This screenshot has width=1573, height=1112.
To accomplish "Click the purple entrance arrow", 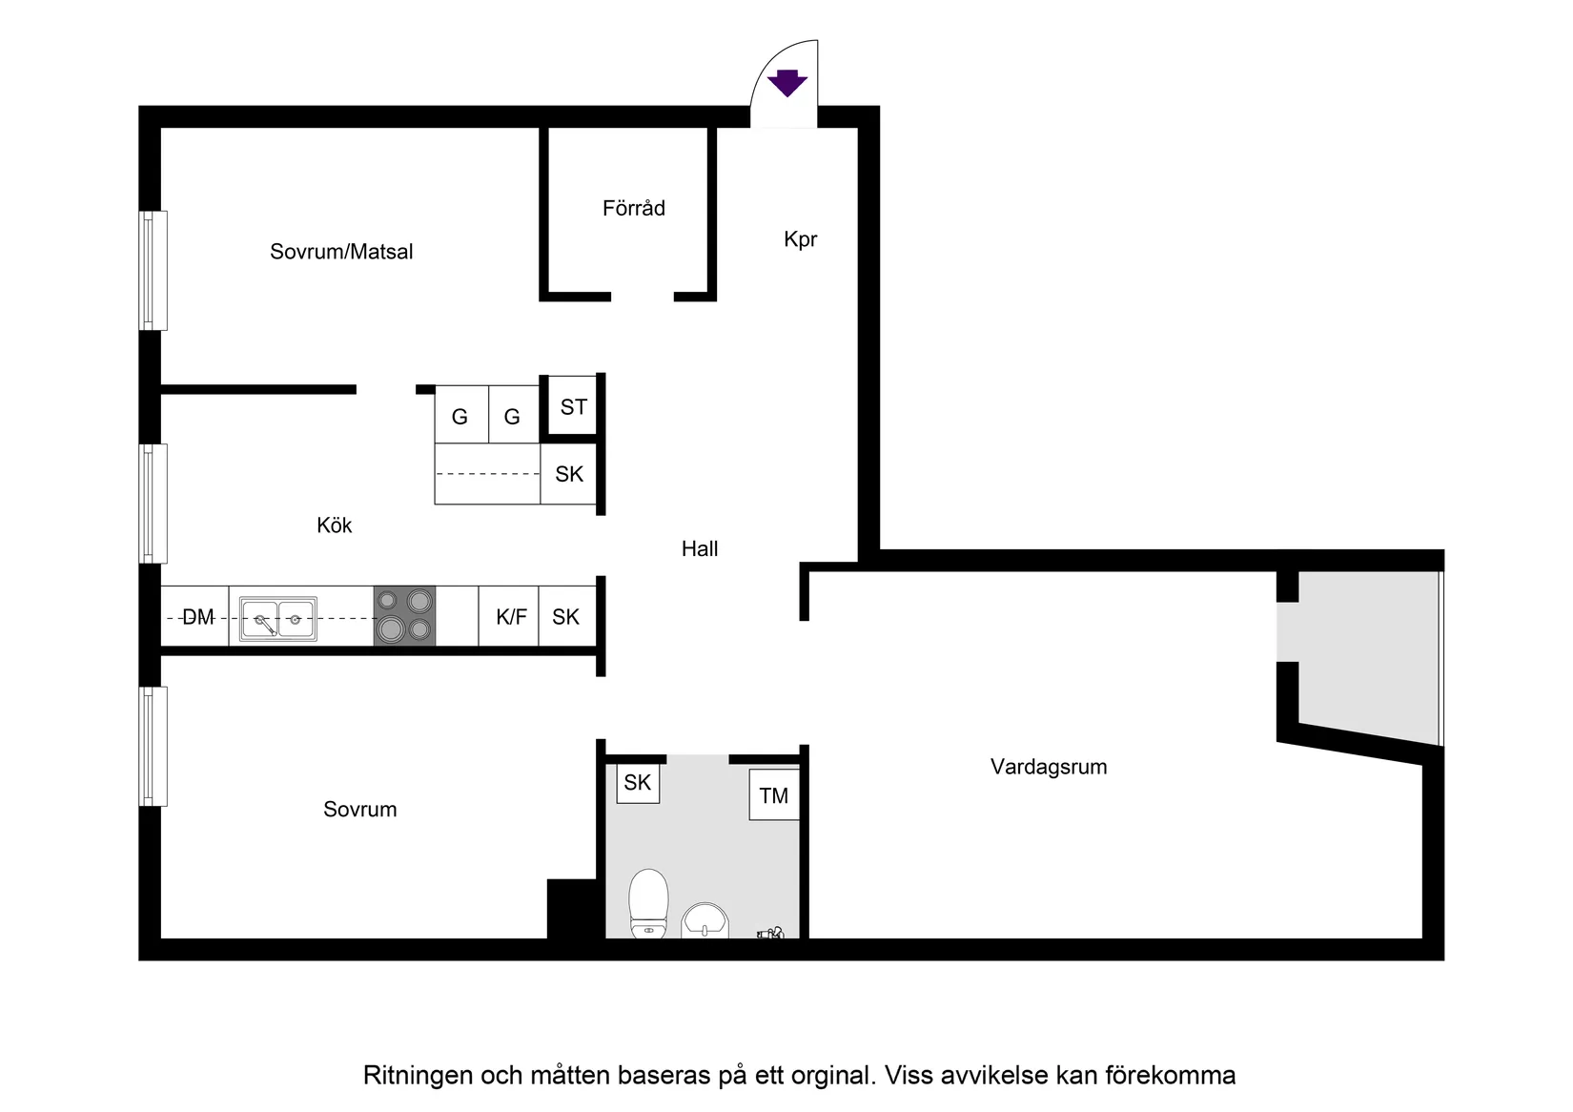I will (787, 84).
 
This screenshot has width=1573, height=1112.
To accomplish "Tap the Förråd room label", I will (633, 208).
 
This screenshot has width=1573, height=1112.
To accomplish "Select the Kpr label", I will (800, 239).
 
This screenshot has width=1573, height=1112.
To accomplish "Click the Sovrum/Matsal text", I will (341, 252).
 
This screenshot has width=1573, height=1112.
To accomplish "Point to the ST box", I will (573, 407).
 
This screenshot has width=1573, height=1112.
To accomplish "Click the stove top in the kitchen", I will (404, 615).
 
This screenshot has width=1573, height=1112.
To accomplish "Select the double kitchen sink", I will (277, 619).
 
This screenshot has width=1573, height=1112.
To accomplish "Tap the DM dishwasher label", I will (197, 617).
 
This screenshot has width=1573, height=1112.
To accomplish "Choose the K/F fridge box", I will (511, 617).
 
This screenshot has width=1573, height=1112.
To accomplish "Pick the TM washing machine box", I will (773, 795).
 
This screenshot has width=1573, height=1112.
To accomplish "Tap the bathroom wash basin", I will (705, 921).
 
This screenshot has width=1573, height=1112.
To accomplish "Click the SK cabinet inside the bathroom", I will (637, 783).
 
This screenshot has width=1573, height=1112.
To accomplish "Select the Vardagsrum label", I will (1048, 767).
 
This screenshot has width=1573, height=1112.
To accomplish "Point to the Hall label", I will (700, 548).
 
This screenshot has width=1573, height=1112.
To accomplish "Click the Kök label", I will (334, 525).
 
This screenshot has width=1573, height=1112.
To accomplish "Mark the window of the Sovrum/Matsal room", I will (153, 271).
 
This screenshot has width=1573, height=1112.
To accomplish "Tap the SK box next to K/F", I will (566, 617).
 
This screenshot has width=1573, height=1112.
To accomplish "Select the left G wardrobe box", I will (460, 416).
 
